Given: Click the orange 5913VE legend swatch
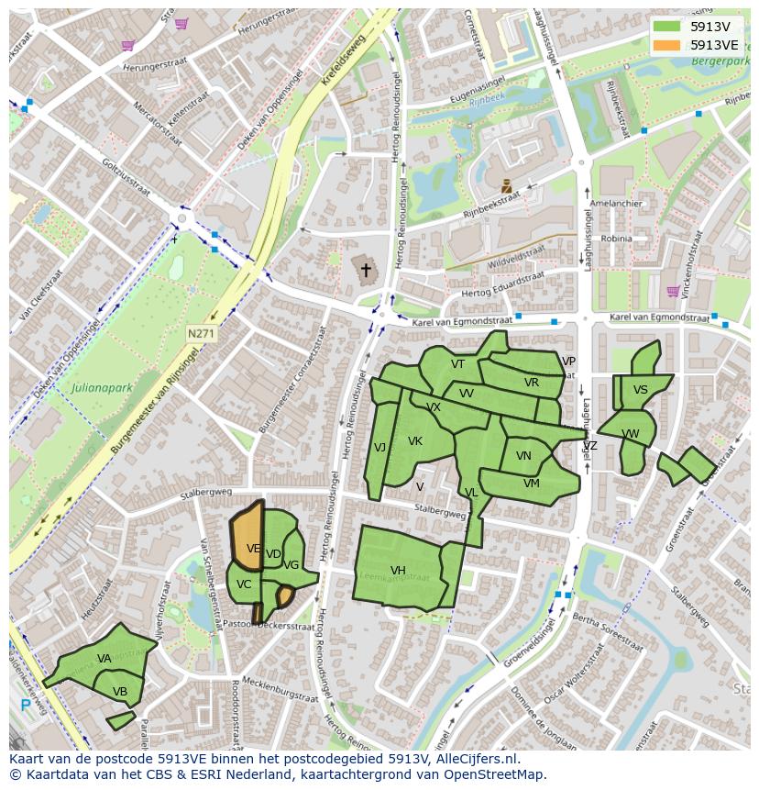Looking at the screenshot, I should click(x=668, y=45).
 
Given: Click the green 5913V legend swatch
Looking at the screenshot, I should click(x=668, y=27).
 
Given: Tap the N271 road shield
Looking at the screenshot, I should click(x=200, y=334).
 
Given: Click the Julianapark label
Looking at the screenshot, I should click(x=100, y=388).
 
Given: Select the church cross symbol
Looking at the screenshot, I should click(x=366, y=270).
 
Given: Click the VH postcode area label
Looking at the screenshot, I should click(x=398, y=571).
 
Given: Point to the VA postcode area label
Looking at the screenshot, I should click(x=104, y=659).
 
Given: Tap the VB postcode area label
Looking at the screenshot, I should click(x=120, y=691).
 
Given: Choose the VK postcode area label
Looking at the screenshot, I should click(x=415, y=441).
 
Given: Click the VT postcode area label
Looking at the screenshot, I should click(x=457, y=364).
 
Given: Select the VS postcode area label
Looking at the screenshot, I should click(x=641, y=390).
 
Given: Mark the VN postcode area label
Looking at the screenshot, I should click(x=523, y=456).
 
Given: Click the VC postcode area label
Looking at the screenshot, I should click(x=244, y=584).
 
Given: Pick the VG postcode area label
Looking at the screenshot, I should click(x=291, y=565).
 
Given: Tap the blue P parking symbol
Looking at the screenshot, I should click(x=24, y=705).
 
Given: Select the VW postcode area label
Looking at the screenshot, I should click(x=631, y=434).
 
